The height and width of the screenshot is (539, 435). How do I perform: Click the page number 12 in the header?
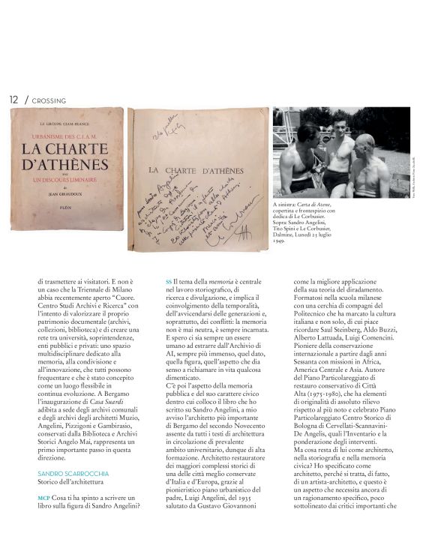pos(14,100)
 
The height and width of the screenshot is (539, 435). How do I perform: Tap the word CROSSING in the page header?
pos(49,100)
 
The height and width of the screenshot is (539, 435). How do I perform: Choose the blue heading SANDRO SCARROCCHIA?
pos(73,475)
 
